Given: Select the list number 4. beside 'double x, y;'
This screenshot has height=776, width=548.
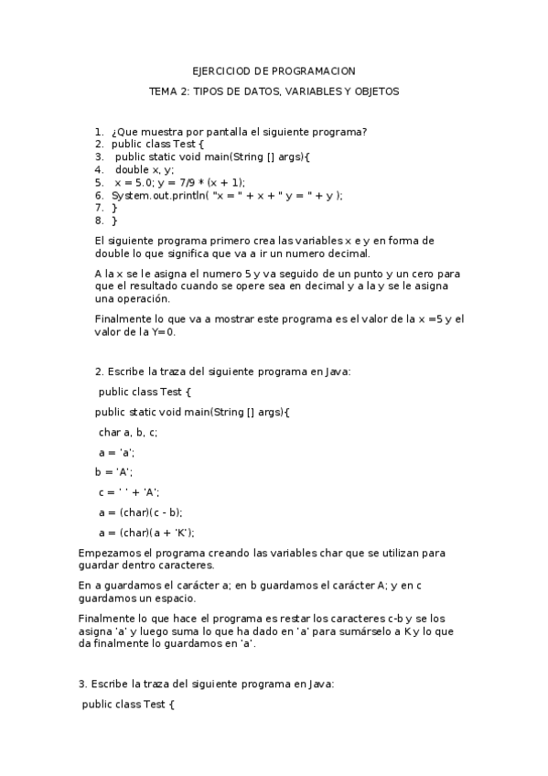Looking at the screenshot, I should coord(99,169).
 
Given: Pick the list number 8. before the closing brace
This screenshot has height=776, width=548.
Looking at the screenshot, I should coord(99,221).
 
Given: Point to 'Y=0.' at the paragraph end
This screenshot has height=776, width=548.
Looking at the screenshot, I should coord(162,331).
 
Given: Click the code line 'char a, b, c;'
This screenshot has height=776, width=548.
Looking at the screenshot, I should coord(128,432).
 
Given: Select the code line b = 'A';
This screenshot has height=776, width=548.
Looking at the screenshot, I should coord(113,472).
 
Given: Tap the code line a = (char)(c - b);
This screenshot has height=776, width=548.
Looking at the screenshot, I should coord(140,512).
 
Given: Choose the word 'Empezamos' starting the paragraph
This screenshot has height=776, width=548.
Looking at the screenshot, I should coord(108,553).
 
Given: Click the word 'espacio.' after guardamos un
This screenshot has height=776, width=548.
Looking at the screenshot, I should coord(175,598).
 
